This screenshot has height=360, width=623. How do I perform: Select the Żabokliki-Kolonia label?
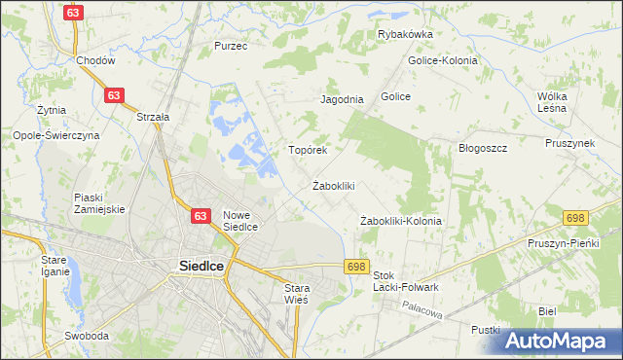(x=400, y=221)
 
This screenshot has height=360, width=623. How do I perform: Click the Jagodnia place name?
(x=342, y=99)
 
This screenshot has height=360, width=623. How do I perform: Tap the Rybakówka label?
(x=405, y=34)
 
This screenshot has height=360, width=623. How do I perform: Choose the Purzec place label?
(x=232, y=46)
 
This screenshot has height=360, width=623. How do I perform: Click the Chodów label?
(x=95, y=60)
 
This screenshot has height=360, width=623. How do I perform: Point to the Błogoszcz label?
(x=484, y=148)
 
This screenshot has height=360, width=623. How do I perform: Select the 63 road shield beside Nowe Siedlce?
(x=201, y=216)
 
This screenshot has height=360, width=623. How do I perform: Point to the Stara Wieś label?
(x=296, y=294)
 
